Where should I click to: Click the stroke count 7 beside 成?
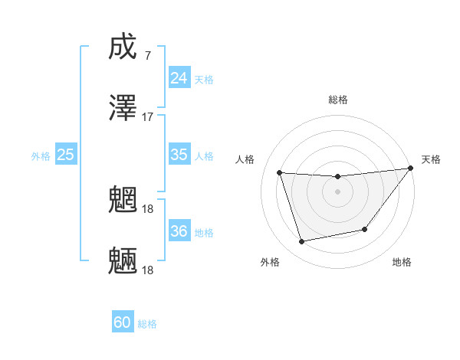click(x=147, y=56)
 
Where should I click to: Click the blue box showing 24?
click(x=179, y=78)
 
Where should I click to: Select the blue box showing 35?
click(x=179, y=155)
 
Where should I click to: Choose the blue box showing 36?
click(x=179, y=231)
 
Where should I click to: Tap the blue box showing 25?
click(x=65, y=155)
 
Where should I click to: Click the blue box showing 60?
click(x=123, y=322)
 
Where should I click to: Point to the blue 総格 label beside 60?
click(x=147, y=324)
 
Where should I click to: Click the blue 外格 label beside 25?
click(x=41, y=156)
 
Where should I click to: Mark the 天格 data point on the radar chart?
click(x=411, y=169)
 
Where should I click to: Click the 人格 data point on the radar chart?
click(x=280, y=172)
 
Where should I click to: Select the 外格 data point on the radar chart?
click(x=302, y=242)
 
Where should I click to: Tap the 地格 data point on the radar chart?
click(x=365, y=229)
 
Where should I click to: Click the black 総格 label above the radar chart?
click(x=337, y=100)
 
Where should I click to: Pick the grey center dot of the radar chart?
click(x=337, y=191)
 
